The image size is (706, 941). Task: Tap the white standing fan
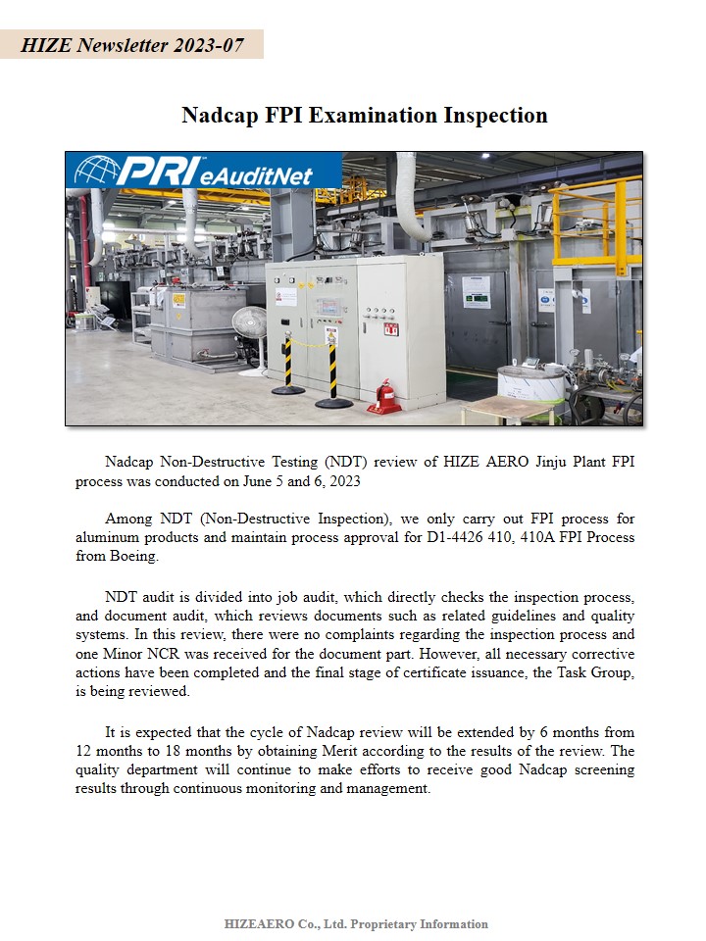click(x=250, y=329)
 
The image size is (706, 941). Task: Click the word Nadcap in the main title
click(x=220, y=116)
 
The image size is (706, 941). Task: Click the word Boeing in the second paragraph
click(x=129, y=556)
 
